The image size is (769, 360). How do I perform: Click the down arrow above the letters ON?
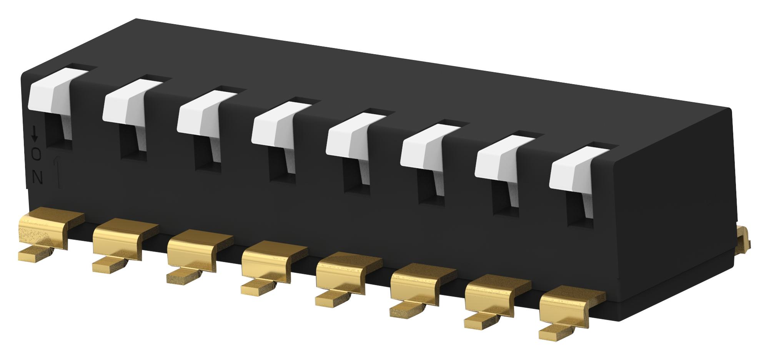35,133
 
